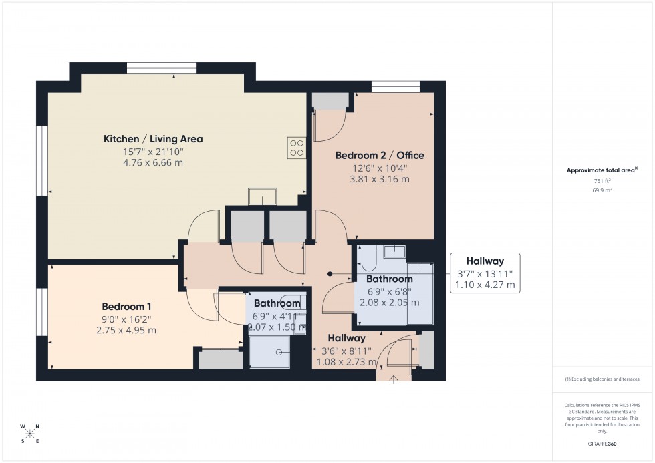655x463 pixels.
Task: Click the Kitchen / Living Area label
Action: pyautogui.click(x=152, y=139)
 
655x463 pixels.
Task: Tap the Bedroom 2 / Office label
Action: pyautogui.click(x=379, y=156)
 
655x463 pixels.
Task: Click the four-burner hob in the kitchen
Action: pyautogui.click(x=297, y=148)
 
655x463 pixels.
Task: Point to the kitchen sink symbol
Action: pyautogui.click(x=265, y=196)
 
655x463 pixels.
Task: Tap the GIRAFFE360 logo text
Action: pyautogui.click(x=602, y=443)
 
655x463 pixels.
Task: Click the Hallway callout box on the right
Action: pyautogui.click(x=485, y=273)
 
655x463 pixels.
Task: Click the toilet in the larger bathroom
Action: pyautogui.click(x=368, y=255)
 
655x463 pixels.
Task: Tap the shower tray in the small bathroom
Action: pyautogui.click(x=269, y=351)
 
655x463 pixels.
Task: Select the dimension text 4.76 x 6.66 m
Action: pyautogui.click(x=152, y=162)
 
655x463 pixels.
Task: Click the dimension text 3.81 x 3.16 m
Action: pyautogui.click(x=379, y=178)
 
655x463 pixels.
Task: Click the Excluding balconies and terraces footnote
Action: pyautogui.click(x=602, y=379)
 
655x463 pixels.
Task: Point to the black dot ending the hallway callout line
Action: pyautogui.click(x=330, y=273)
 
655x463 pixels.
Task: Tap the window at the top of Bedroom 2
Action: pyautogui.click(x=396, y=86)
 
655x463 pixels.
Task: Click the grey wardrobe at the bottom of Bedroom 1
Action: pyautogui.click(x=221, y=359)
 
